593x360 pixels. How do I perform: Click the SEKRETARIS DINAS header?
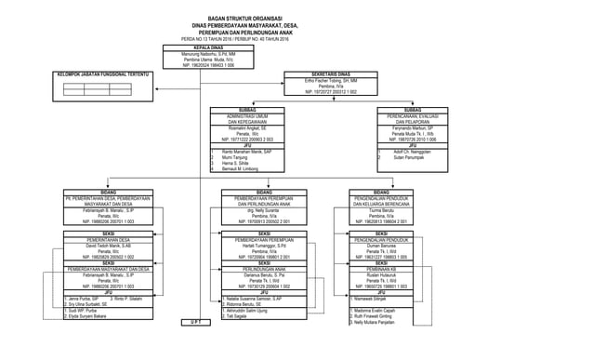tap(330, 73)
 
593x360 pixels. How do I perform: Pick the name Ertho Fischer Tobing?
tap(330, 79)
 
